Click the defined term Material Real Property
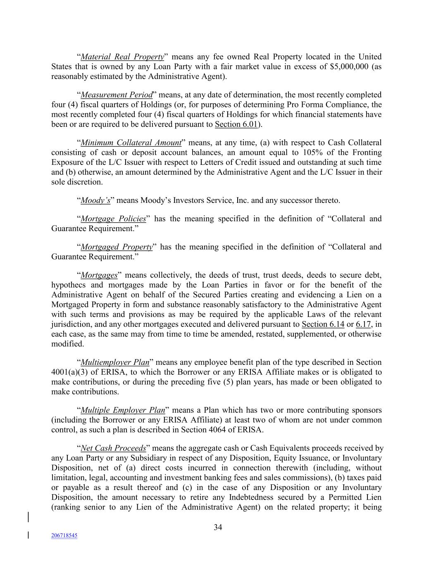(122, 57)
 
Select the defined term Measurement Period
(117, 95)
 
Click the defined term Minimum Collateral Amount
(131, 143)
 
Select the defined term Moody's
(95, 201)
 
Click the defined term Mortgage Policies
(113, 219)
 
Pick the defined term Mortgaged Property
(117, 247)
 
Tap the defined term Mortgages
(99, 275)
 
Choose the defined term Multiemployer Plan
(115, 363)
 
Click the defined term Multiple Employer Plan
(123, 410)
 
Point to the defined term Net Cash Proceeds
(113, 448)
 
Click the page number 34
(218, 527)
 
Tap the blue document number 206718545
(64, 535)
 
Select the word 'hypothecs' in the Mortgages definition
(69, 285)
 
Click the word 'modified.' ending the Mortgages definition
(67, 344)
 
